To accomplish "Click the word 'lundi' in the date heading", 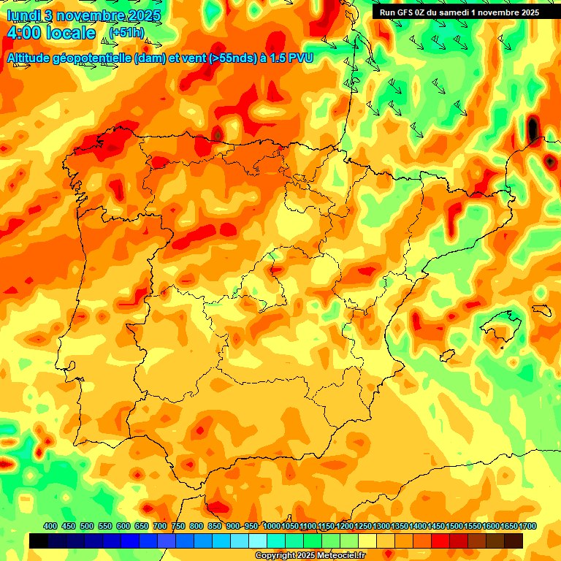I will tap(23, 15).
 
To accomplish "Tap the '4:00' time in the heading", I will tap(26, 33).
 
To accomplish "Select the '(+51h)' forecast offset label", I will tap(127, 32).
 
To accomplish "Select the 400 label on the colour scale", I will tap(50, 526).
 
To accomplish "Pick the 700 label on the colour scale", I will tap(160, 526).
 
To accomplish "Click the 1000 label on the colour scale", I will tap(272, 526).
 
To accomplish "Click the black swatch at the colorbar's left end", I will tap(39, 541).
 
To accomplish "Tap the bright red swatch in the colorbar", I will tap(440, 541).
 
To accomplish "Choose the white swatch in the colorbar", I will tap(258, 541).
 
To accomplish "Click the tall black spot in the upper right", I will tap(533, 129).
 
